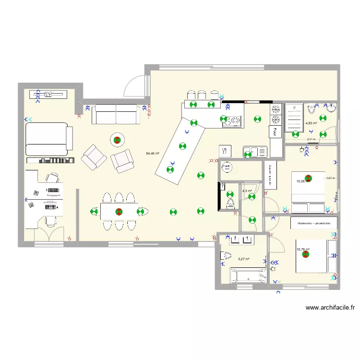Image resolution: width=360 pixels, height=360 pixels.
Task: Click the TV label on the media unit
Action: pyautogui.click(x=48, y=95)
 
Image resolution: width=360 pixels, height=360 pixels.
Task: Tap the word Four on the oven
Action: pyautogui.click(x=275, y=130)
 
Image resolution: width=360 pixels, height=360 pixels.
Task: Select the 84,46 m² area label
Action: pyautogui.click(x=153, y=154)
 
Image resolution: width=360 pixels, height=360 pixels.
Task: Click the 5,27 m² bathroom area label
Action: pyautogui.click(x=244, y=259)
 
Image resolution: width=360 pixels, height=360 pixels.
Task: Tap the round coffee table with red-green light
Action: pyautogui.click(x=118, y=140)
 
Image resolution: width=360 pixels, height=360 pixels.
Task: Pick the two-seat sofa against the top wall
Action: pyautogui.click(x=116, y=114)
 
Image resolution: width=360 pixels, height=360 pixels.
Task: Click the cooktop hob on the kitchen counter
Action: pyautogui.click(x=234, y=120)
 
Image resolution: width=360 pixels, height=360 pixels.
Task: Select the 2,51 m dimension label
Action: pyautogui.click(x=311, y=140)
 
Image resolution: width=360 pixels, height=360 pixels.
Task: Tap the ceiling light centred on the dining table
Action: pyautogui.click(x=118, y=211)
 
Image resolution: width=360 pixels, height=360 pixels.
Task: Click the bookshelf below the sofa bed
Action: pyautogui.click(x=50, y=160)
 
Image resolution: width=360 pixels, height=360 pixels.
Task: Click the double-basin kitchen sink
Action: pyautogui.click(x=255, y=152)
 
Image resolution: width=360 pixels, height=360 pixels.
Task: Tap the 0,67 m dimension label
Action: pyautogui.click(x=331, y=178)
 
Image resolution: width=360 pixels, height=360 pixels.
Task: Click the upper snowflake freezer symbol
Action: pyautogui.click(x=276, y=109)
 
